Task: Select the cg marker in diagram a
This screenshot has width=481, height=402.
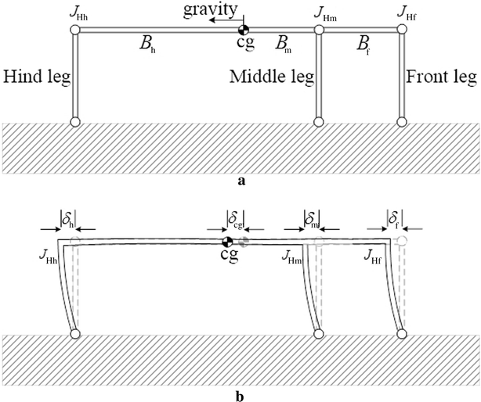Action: (x=244, y=31)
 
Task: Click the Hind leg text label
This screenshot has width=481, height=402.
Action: (x=34, y=77)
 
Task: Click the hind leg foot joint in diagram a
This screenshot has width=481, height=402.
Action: (x=76, y=122)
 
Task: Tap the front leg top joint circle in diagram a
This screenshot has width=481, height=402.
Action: (x=403, y=30)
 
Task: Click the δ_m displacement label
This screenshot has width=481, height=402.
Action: (x=311, y=215)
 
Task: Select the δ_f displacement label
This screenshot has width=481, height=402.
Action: (x=396, y=215)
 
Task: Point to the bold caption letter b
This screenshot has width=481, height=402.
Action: (x=240, y=395)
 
